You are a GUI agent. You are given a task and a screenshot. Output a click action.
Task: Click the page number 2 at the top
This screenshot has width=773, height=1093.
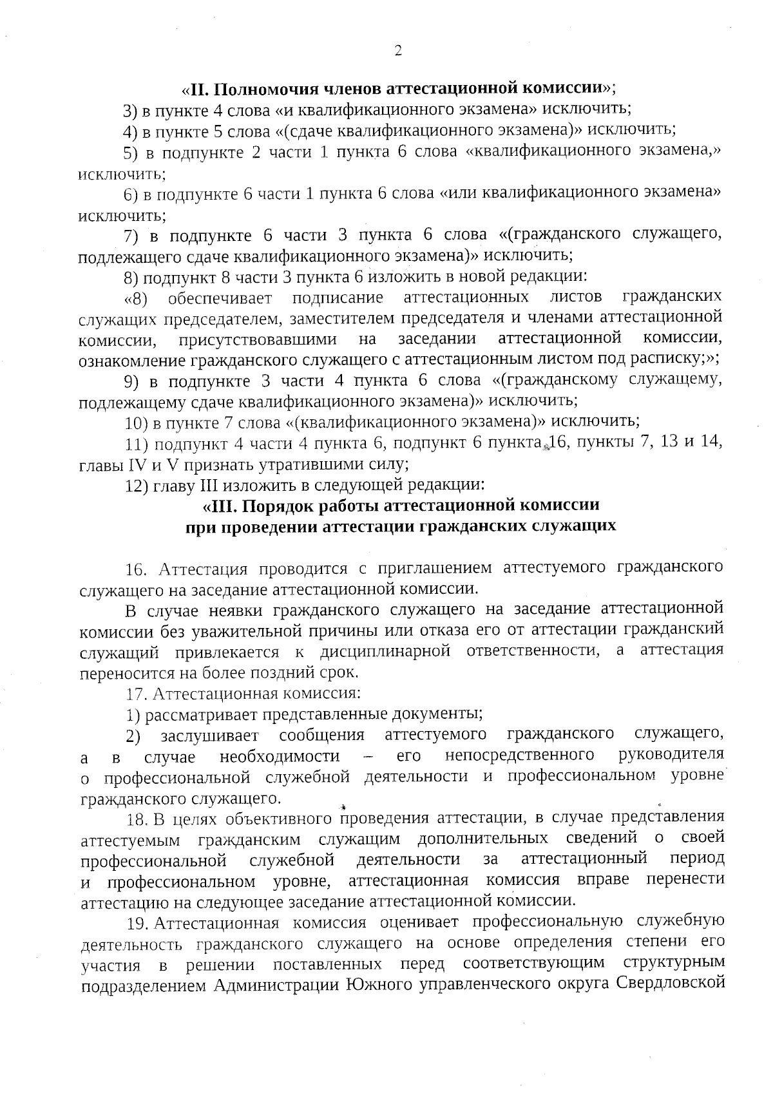pyautogui.click(x=397, y=52)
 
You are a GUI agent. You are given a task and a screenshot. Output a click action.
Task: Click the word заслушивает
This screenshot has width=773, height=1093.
pyautogui.click(x=209, y=735)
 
